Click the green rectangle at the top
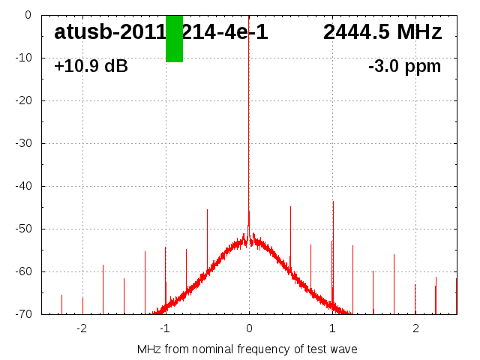(174, 38)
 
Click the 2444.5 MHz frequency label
(382, 32)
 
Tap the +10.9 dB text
(91, 67)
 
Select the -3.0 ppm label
(404, 67)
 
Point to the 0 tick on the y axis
(27, 15)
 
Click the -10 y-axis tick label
(22, 58)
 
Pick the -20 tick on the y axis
(22, 100)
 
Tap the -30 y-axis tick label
(22, 143)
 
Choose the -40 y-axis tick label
(22, 186)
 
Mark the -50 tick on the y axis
(22, 229)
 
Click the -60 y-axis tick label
(22, 271)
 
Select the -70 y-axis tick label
(22, 314)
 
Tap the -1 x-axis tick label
(164, 328)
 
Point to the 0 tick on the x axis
(249, 328)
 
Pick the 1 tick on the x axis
(332, 328)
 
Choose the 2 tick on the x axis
(415, 328)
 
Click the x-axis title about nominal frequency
(247, 349)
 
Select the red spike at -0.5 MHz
(207, 240)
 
